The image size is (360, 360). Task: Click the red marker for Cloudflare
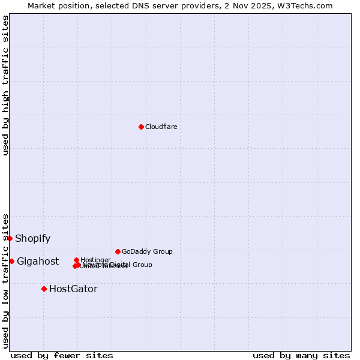click(141, 127)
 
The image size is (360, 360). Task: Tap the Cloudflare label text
click(161, 127)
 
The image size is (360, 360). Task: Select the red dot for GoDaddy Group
click(118, 251)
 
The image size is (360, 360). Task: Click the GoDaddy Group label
click(147, 251)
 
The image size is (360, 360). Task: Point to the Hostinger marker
click(76, 260)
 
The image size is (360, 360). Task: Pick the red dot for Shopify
click(10, 238)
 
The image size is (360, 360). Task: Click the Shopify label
click(32, 238)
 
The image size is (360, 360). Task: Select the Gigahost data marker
click(11, 261)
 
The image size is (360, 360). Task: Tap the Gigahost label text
click(38, 261)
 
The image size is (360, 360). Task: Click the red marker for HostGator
click(44, 289)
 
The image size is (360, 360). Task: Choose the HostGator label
click(73, 289)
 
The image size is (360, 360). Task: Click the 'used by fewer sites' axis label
click(62, 355)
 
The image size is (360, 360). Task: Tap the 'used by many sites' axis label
click(301, 355)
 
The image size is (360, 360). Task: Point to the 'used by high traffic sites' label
click(5, 85)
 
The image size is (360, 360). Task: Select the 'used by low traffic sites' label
click(5, 281)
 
